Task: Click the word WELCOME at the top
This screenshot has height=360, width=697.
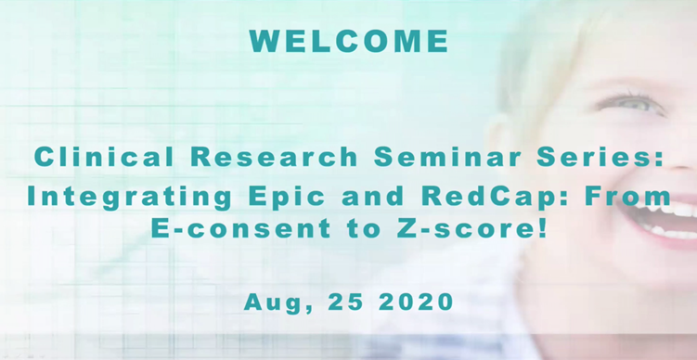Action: coord(348,42)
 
